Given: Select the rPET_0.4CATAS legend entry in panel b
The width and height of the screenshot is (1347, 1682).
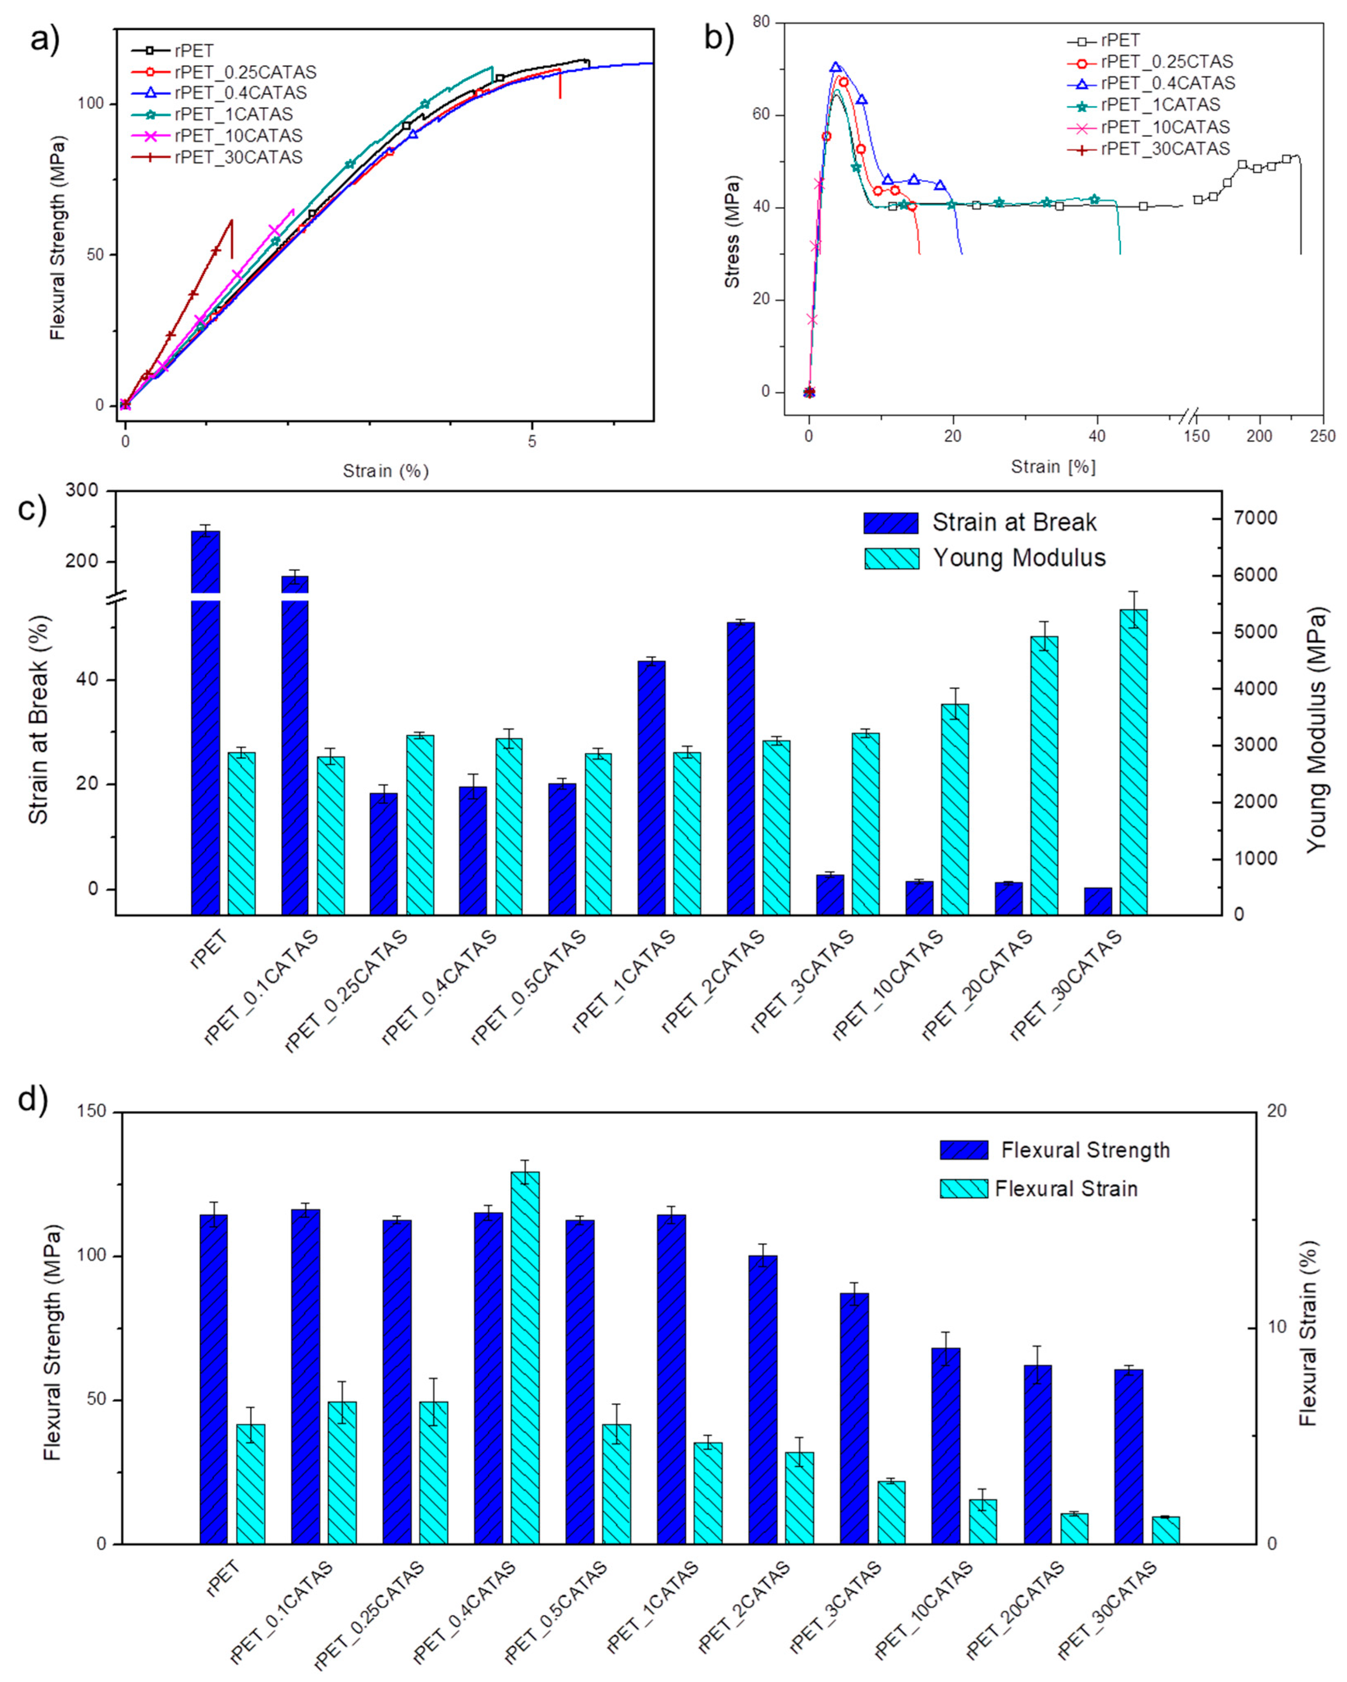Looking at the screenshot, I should click(x=1168, y=83).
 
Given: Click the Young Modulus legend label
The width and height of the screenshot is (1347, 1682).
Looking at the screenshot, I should click(x=1019, y=558).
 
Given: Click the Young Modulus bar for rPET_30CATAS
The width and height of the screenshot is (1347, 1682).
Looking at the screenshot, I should click(x=1133, y=761).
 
